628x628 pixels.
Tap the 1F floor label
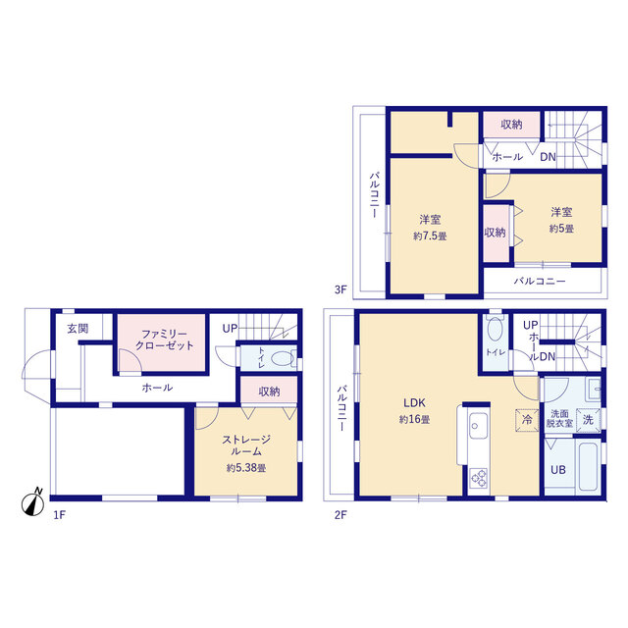(x=59, y=515)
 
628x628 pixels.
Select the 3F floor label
(x=340, y=289)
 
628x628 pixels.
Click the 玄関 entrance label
(x=78, y=329)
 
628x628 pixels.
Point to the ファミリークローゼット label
(x=164, y=340)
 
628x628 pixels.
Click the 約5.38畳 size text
(x=246, y=468)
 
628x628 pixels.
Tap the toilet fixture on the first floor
(x=283, y=358)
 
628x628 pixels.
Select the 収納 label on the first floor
(x=269, y=392)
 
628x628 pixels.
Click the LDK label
(x=414, y=402)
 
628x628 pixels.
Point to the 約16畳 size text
(x=414, y=419)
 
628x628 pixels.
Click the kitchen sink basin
(x=478, y=426)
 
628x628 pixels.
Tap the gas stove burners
(x=478, y=478)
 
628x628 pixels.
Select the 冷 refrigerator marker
(x=527, y=420)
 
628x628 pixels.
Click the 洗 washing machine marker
(x=588, y=420)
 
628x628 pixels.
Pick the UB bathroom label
(x=558, y=469)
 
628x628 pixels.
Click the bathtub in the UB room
(x=589, y=467)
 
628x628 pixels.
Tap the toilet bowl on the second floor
(x=496, y=330)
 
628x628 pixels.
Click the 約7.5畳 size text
(x=430, y=236)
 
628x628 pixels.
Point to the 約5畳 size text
(x=561, y=229)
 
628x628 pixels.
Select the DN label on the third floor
(x=548, y=157)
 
